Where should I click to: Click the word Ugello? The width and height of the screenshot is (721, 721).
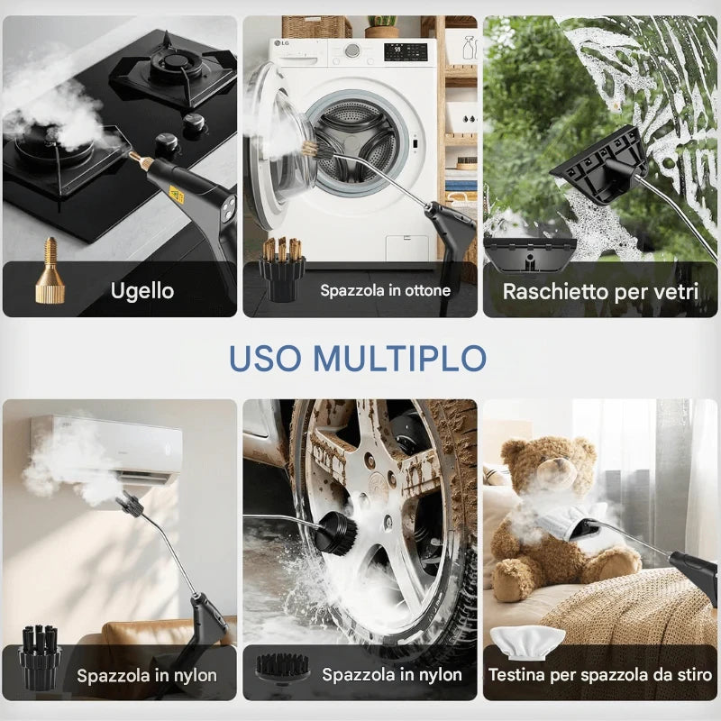(142, 291)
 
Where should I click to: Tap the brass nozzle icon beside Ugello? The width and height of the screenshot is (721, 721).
(50, 270)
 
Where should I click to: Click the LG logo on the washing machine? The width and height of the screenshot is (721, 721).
(280, 43)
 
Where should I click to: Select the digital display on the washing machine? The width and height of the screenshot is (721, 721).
(406, 52)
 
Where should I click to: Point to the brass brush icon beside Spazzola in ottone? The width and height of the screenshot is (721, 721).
(282, 269)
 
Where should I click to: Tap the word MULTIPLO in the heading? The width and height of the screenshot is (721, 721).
(399, 358)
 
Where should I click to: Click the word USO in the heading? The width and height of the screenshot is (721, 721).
(265, 358)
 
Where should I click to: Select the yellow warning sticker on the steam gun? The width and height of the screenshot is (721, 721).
(177, 195)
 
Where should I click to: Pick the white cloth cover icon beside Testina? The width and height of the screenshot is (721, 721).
(527, 643)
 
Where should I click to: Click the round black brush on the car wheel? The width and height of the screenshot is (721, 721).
(337, 533)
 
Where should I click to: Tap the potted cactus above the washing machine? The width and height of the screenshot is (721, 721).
(382, 26)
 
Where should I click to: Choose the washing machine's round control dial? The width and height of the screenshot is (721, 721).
(352, 50)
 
